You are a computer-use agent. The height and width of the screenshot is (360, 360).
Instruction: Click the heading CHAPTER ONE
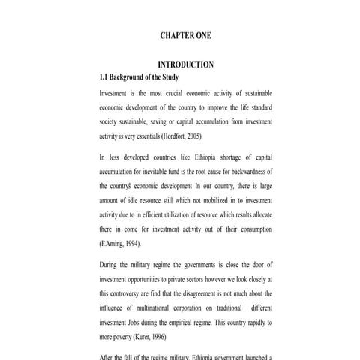186,35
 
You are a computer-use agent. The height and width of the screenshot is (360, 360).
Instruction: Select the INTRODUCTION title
186,64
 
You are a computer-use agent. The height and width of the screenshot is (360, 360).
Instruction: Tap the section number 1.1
104,77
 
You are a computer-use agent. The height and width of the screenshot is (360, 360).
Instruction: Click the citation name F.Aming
114,244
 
